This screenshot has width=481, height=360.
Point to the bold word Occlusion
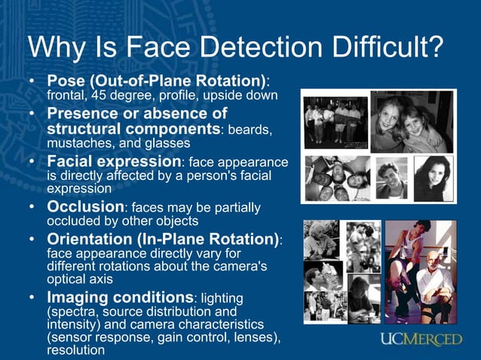(85, 206)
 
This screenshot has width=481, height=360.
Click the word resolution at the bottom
(76, 351)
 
